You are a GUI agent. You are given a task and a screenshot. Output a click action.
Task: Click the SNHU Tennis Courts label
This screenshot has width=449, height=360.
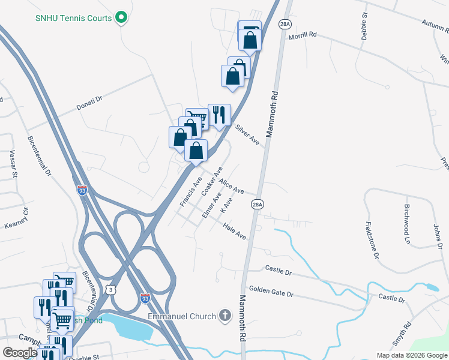point(73,18)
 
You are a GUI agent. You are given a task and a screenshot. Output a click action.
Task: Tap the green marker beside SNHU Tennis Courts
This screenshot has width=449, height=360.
point(122,17)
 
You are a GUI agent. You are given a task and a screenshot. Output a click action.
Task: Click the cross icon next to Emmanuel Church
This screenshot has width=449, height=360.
point(224,316)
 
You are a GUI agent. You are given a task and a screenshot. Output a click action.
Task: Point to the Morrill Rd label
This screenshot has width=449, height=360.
point(302,35)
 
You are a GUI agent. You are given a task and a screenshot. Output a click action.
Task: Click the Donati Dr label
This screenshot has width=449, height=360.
point(90,103)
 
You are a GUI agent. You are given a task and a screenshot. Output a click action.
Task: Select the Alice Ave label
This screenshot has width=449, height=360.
point(231,186)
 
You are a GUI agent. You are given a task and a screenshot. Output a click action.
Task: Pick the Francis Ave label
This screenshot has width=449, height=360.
point(191,191)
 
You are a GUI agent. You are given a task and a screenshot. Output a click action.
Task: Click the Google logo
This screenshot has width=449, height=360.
point(20,353)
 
